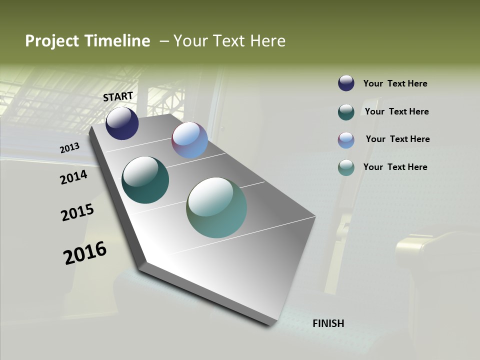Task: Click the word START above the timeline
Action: [x=118, y=96]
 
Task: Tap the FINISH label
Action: [x=328, y=323]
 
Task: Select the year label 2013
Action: [x=70, y=147]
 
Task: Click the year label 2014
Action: [x=74, y=177]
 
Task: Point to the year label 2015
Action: [x=77, y=212]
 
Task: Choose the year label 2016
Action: [x=85, y=253]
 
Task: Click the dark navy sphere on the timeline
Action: [x=122, y=123]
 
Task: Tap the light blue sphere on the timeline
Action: [x=189, y=140]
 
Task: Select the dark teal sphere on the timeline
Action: [x=145, y=180]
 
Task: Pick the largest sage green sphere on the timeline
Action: [x=216, y=207]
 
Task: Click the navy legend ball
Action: [x=346, y=83]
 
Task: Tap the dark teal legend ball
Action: [x=346, y=112]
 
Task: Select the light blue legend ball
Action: [x=346, y=140]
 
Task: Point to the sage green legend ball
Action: [x=346, y=167]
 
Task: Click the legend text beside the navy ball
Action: [x=395, y=84]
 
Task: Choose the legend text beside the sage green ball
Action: [x=395, y=167]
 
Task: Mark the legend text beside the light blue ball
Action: [x=397, y=139]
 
